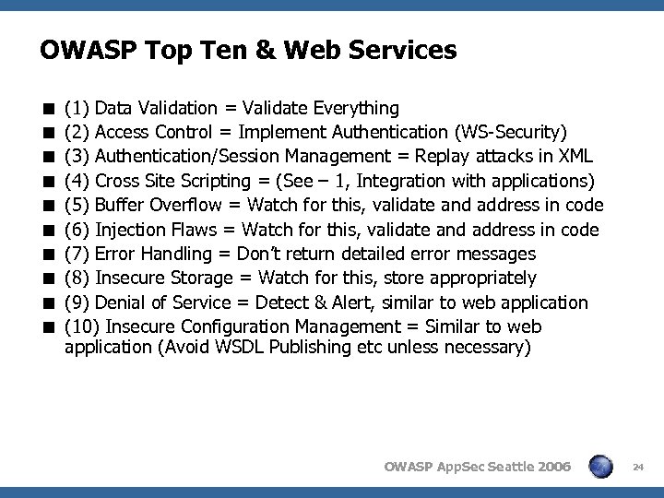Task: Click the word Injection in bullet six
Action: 129,230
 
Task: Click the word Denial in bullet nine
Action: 120,302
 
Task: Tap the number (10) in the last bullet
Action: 83,326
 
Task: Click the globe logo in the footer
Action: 602,466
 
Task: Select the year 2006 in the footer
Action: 551,468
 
